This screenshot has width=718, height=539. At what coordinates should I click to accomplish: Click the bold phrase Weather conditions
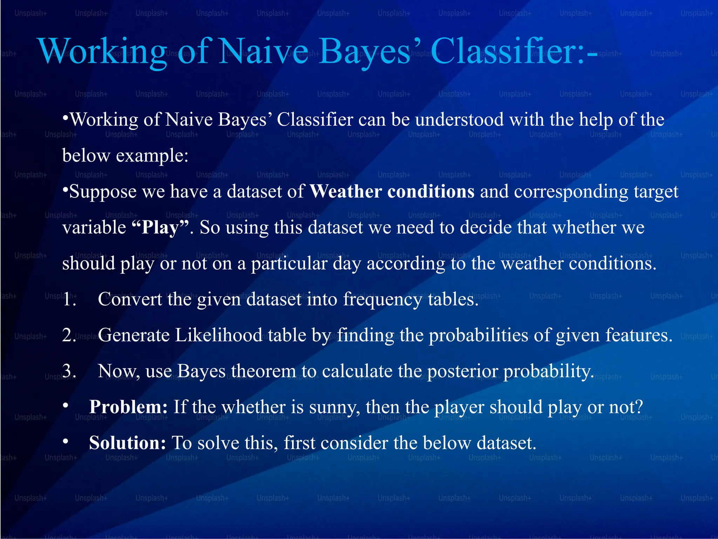click(392, 192)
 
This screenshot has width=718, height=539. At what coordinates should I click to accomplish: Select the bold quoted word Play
click(161, 227)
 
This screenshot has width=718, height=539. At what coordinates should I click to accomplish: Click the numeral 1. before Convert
click(69, 299)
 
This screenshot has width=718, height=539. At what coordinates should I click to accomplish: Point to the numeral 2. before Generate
click(69, 335)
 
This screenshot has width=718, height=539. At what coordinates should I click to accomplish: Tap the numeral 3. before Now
click(69, 371)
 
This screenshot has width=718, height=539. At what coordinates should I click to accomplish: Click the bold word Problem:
click(128, 407)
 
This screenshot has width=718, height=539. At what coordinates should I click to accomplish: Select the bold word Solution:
click(127, 443)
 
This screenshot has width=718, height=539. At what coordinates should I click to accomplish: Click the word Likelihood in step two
click(218, 335)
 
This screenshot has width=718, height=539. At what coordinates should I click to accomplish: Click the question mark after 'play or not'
click(639, 407)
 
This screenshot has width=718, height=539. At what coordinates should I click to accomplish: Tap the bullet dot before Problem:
click(66, 406)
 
